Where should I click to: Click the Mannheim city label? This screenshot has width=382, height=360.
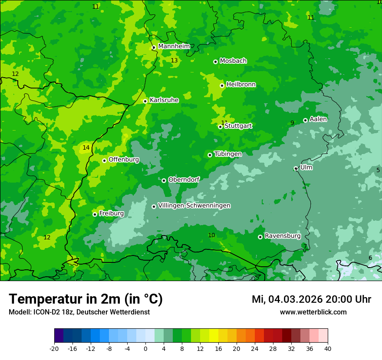click(174, 46)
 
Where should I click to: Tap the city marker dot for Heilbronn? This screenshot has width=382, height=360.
click(222, 85)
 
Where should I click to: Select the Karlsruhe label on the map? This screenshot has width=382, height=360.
click(164, 100)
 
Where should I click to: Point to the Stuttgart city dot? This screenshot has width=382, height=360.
click(220, 127)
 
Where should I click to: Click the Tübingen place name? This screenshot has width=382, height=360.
click(228, 154)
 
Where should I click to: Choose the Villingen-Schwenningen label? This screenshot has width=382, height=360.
click(194, 206)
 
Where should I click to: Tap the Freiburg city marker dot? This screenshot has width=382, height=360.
click(95, 214)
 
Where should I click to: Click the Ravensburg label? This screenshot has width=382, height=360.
click(283, 236)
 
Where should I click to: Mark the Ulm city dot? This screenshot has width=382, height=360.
click(296, 168)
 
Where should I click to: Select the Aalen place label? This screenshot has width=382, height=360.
click(318, 119)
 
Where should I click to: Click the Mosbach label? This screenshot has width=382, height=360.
click(233, 61)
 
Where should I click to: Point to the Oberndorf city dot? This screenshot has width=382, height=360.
click(164, 180)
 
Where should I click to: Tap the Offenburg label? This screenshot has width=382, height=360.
click(124, 160)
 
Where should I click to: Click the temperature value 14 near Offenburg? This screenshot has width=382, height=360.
click(86, 147)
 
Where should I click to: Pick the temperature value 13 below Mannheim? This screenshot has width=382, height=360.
click(174, 60)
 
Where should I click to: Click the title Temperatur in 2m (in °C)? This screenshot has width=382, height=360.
click(86, 299)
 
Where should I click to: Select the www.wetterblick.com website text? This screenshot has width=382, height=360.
click(313, 312)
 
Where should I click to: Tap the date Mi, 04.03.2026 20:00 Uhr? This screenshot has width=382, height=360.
click(311, 299)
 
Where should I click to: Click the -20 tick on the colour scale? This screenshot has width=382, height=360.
click(54, 348)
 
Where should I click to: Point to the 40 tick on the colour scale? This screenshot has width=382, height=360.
click(328, 348)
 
